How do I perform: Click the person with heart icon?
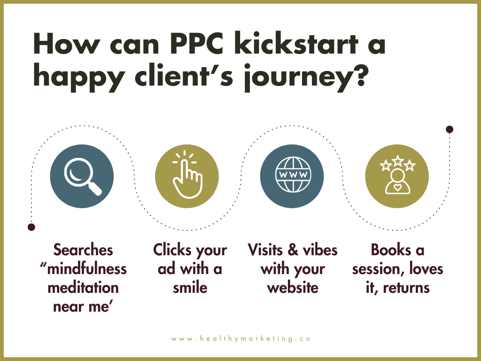[397, 181]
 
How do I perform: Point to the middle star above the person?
[397, 161]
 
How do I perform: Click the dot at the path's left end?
[31, 227]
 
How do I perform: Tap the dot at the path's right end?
[450, 129]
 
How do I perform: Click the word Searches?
[83, 250]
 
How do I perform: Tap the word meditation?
[83, 287]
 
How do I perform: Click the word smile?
[190, 287]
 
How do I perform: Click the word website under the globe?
[292, 287]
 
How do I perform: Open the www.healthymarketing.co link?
[241, 338]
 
